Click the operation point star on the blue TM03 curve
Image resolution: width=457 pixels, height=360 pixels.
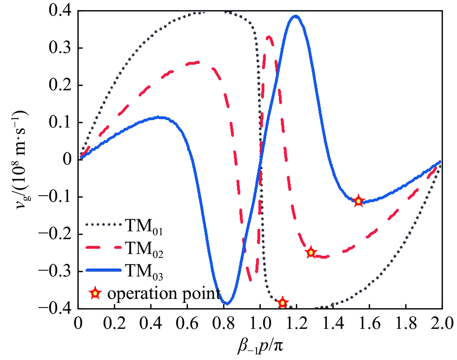click(x=358, y=201)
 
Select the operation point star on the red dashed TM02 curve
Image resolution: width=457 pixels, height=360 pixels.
click(x=311, y=253)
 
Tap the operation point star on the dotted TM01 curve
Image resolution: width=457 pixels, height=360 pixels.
click(x=283, y=303)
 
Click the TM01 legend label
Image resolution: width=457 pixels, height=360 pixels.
click(x=144, y=226)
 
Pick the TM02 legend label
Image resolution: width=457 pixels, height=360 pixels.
click(x=144, y=249)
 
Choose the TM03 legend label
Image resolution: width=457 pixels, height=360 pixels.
click(x=144, y=271)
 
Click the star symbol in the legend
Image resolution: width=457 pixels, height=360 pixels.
click(x=95, y=294)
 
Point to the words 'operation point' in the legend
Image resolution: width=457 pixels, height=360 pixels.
click(x=164, y=294)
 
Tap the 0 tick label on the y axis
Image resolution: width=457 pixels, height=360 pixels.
click(x=67, y=160)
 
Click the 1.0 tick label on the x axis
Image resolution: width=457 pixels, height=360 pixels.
click(x=260, y=323)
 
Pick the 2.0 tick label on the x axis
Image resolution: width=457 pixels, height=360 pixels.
click(x=442, y=323)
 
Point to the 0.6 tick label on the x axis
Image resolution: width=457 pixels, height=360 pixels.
click(x=187, y=323)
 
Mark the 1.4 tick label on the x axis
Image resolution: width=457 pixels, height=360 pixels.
click(x=333, y=323)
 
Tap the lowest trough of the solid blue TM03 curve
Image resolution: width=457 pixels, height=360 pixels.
click(x=227, y=304)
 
